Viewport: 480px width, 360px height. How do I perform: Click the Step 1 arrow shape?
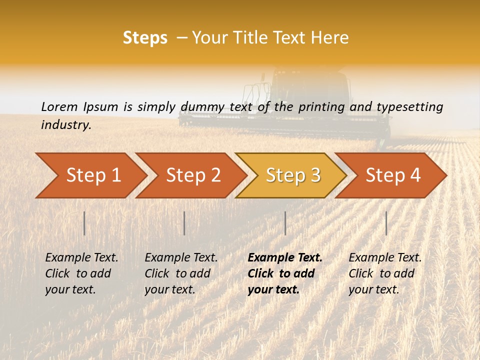[93, 175]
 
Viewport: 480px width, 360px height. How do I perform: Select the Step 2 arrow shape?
[193, 175]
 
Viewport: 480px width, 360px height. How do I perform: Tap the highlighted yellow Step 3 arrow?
[293, 175]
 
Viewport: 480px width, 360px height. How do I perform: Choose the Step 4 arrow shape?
[393, 175]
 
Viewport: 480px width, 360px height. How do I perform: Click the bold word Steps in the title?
[145, 38]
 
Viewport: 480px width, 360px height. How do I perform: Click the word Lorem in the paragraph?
[59, 106]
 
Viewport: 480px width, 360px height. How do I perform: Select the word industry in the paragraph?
[66, 124]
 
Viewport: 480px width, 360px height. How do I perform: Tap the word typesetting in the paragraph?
[409, 107]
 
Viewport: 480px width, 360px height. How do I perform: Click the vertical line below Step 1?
[84, 223]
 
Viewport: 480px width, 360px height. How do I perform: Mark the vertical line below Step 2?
[184, 223]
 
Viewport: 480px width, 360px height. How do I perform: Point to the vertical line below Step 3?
[285, 223]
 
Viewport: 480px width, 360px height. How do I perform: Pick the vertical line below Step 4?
[386, 223]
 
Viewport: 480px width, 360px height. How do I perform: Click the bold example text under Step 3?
[284, 273]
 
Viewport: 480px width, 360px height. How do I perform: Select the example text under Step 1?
[81, 273]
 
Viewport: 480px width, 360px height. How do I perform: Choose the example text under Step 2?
[181, 273]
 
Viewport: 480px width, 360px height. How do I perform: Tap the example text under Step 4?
[385, 273]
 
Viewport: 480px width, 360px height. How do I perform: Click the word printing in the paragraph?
[321, 107]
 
